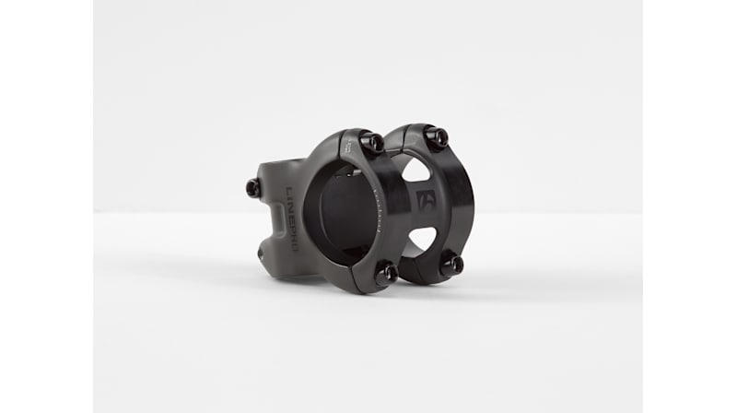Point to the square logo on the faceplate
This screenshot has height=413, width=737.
pyautogui.click(x=426, y=200)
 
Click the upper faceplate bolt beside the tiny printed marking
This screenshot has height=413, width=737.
pyautogui.click(x=373, y=142)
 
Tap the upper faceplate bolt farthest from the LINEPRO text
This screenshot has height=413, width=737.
pyautogui.click(x=436, y=137)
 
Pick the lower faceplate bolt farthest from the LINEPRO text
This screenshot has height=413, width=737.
pyautogui.click(x=450, y=265)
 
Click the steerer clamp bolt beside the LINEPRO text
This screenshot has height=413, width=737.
pyautogui.click(x=252, y=187)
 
